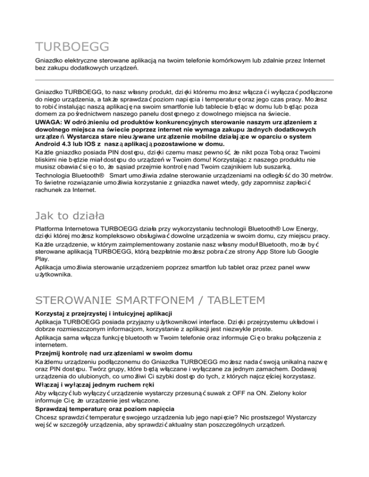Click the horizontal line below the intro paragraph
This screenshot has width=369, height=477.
184,79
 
